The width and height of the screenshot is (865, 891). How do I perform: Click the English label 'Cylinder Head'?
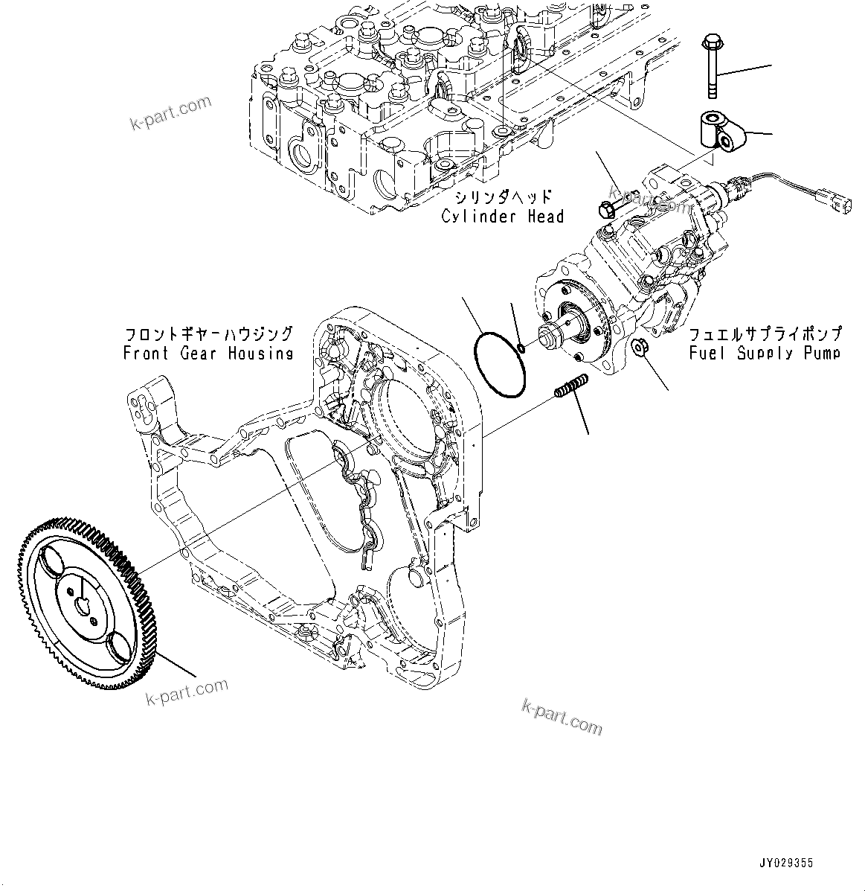click(503, 217)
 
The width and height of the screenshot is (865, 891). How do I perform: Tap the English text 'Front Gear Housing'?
click(208, 354)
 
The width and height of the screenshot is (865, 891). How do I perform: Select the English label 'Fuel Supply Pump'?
click(765, 353)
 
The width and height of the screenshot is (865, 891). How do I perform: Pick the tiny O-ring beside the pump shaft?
click(521, 347)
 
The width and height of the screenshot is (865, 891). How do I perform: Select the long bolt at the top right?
click(710, 67)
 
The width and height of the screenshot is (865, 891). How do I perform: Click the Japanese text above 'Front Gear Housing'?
click(208, 334)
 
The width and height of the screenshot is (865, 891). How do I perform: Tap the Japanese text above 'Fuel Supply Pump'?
click(765, 333)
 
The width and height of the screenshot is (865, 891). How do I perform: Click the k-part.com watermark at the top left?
click(170, 112)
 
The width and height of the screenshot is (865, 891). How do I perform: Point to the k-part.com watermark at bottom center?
click(562, 717)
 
